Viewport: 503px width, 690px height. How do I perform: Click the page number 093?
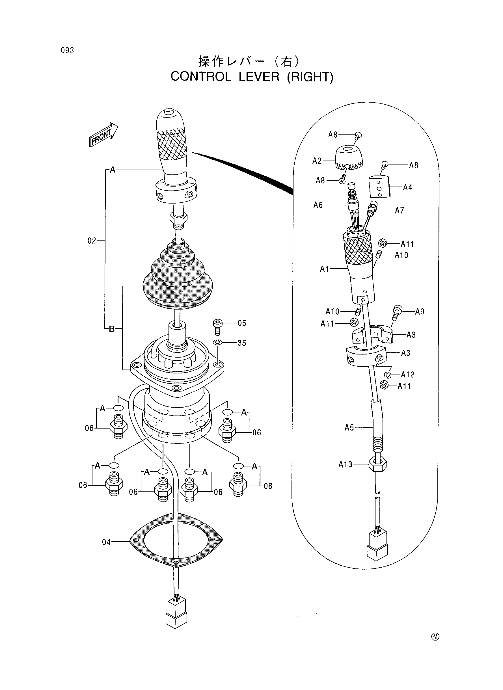click(67, 51)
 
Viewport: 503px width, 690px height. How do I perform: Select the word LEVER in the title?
click(259, 77)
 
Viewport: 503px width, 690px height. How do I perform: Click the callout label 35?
click(242, 343)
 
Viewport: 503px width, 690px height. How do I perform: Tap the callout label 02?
click(92, 241)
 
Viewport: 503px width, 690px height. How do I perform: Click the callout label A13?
click(345, 464)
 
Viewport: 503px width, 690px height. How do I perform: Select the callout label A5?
click(349, 428)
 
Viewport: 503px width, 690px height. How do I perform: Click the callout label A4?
click(407, 187)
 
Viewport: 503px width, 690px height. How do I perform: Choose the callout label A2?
click(317, 161)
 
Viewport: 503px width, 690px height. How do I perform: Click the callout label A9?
click(420, 312)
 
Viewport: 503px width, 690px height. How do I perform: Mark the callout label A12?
click(408, 374)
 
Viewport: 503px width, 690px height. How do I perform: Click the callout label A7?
click(400, 210)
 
